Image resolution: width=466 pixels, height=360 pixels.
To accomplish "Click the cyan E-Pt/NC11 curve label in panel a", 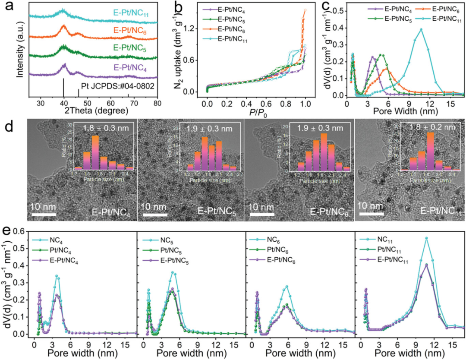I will [131, 13].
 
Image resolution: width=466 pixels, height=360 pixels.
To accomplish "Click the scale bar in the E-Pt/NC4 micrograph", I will [43, 214].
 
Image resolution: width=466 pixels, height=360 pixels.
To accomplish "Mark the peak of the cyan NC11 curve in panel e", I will [427, 238].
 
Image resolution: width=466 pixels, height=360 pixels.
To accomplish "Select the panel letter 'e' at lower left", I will [6, 229].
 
